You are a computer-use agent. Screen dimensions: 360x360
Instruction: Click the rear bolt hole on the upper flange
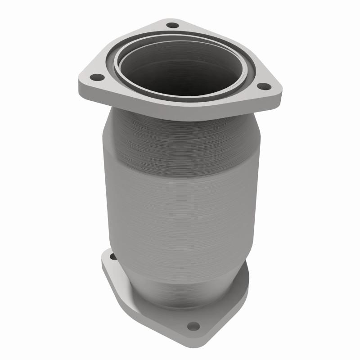click(172, 25)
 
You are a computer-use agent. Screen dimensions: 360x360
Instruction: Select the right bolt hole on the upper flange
click(264, 86)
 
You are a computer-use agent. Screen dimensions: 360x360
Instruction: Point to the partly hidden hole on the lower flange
click(112, 257)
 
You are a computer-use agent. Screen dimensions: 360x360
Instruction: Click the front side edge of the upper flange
click(180, 115)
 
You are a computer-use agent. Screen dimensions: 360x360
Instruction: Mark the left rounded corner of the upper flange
click(83, 81)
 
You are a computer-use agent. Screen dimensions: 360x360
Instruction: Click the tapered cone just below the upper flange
click(180, 135)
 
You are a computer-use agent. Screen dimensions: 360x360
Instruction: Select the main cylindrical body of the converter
click(180, 207)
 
